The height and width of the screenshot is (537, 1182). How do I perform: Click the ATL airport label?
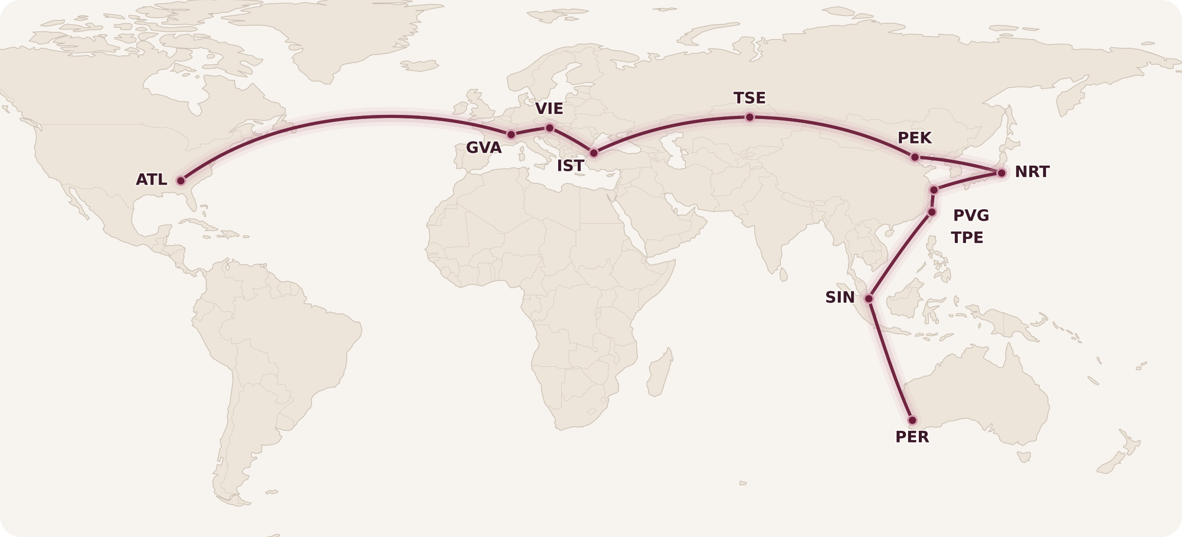(151, 180)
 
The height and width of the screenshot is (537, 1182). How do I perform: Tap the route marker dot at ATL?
(181, 181)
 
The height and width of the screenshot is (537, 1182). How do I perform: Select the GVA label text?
(483, 148)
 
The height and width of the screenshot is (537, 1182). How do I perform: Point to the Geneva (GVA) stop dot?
(511, 134)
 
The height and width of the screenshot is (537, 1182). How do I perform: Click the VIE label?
(549, 109)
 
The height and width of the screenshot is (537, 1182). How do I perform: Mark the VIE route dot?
(549, 128)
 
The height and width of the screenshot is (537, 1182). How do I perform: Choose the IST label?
(570, 166)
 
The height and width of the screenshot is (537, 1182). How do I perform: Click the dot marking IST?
(594, 153)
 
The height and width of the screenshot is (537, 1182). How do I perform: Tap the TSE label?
(749, 98)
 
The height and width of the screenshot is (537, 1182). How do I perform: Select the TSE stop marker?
(750, 117)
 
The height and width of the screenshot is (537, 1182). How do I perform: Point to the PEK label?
(914, 138)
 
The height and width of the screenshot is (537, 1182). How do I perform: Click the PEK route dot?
(915, 157)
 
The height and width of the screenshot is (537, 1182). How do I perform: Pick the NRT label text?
(1032, 172)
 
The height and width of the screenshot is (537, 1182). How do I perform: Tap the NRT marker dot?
(1001, 173)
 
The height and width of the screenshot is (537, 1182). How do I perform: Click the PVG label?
(971, 215)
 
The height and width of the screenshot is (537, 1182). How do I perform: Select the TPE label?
(967, 238)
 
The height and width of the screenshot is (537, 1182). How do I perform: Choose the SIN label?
(840, 297)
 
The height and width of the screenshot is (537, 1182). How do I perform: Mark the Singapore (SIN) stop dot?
(869, 299)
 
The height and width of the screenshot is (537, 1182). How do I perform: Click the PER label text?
(912, 437)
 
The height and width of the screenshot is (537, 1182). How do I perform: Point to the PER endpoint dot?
(912, 420)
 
